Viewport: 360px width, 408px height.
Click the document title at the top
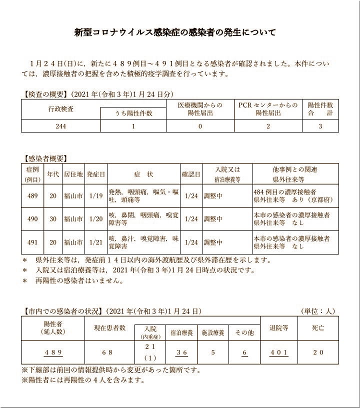175,33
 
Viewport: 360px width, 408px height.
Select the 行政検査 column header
61,108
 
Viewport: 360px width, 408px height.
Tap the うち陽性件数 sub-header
133,113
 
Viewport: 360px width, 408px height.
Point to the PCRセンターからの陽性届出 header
268,109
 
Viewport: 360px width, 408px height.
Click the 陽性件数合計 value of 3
320,126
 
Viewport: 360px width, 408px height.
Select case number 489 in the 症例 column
32,195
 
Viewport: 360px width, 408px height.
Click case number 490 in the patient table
32,219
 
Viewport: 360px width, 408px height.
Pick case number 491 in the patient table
32,242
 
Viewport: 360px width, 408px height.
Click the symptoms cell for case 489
143,195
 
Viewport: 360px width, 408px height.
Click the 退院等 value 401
279,352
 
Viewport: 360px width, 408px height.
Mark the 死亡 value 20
318,352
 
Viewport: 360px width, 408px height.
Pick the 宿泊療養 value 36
181,352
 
